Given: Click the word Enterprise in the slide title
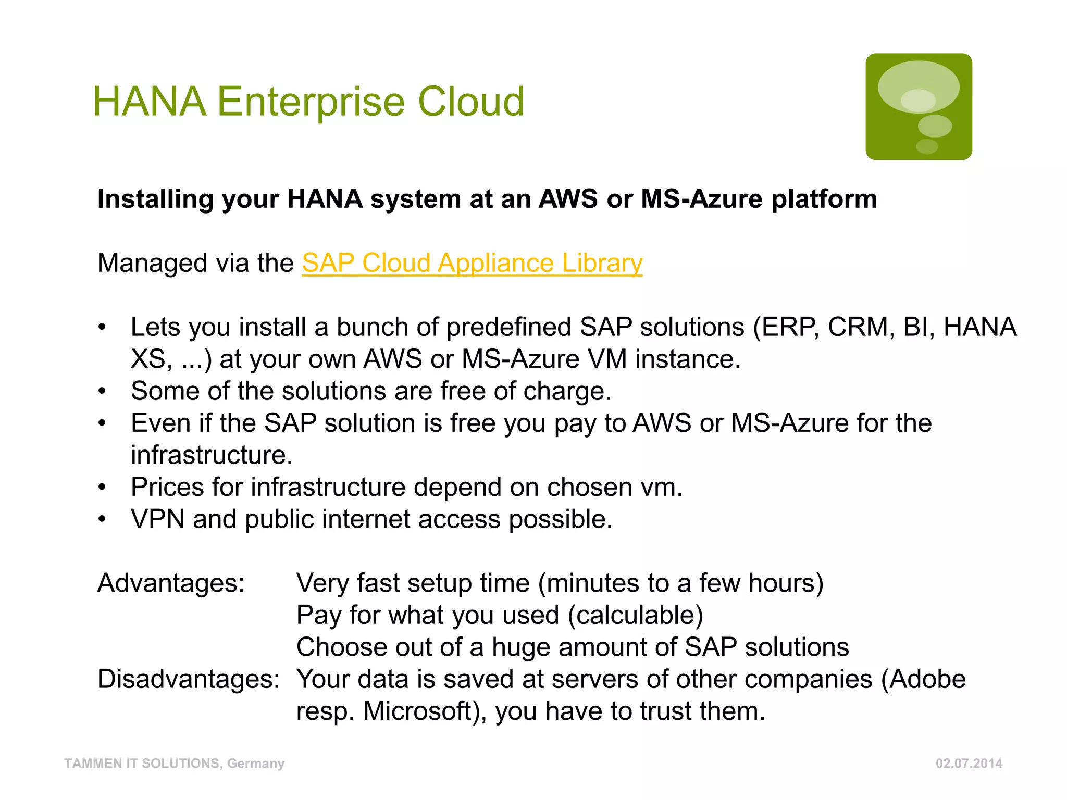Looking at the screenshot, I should click(x=311, y=102).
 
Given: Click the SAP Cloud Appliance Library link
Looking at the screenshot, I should click(x=472, y=263).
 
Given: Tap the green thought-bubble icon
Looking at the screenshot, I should click(x=919, y=107).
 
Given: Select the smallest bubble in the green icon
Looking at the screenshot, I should click(x=927, y=146).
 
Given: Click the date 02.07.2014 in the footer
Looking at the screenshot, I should click(x=969, y=764).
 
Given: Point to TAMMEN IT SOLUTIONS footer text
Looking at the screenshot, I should click(x=174, y=764).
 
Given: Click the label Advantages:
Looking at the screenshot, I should click(x=171, y=583).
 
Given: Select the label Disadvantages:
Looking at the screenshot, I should click(x=189, y=679).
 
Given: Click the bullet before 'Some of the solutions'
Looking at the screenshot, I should click(x=102, y=391).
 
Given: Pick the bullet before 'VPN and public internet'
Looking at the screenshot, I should click(x=102, y=519).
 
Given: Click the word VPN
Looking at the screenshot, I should click(x=157, y=519).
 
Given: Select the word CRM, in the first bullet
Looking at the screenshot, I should click(x=861, y=327).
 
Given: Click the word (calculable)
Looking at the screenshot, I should click(x=636, y=615).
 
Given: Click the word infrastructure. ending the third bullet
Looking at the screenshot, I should click(x=212, y=455).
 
